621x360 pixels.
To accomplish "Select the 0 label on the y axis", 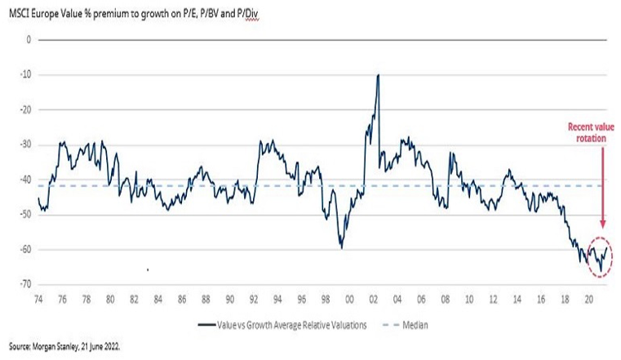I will pos(29,39).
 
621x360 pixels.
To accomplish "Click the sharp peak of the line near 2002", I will pos(378,76).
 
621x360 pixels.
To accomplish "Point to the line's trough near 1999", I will pos(341,247).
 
